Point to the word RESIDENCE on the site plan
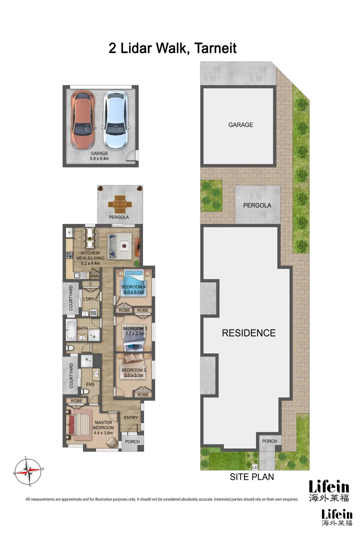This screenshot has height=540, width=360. [x=248, y=333]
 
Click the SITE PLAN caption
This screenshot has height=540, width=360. [x=251, y=476]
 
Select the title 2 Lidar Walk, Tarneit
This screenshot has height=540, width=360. [x=172, y=48]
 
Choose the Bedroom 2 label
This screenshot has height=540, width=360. [x=133, y=370]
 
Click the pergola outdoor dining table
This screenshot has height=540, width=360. [x=120, y=204]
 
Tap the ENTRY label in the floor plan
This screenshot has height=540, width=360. [x=131, y=417]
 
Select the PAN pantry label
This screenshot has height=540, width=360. [x=94, y=275]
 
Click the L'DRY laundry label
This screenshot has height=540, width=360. [x=88, y=299]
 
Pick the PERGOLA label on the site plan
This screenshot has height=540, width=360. [x=257, y=205]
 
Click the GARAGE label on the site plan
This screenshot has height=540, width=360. [x=240, y=125]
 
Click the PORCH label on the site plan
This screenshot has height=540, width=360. [x=269, y=441]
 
